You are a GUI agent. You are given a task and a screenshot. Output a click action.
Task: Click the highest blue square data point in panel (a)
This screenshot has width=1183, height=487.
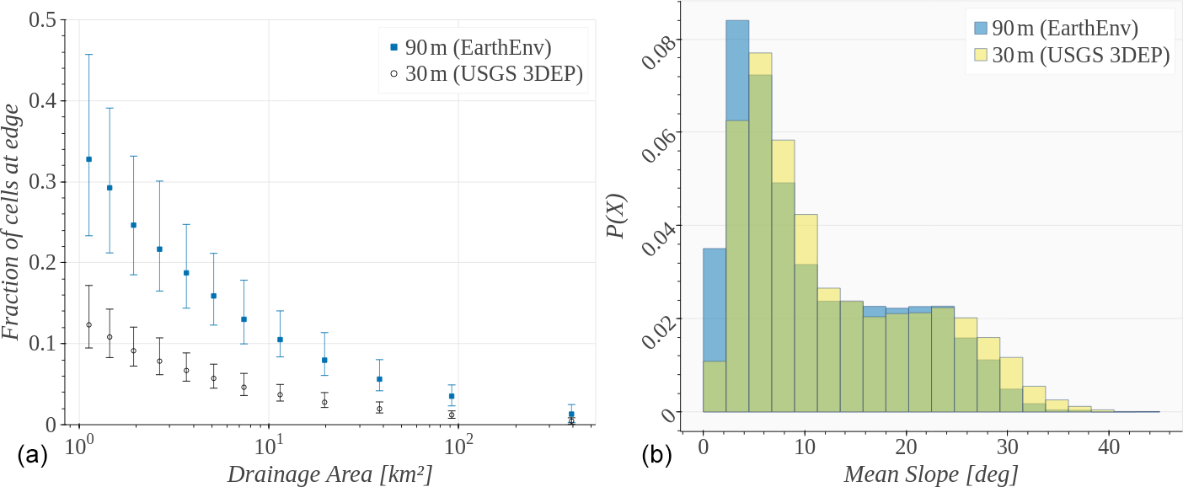[88, 159]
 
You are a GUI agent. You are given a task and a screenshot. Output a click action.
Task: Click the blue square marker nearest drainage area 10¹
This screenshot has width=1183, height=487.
[280, 340]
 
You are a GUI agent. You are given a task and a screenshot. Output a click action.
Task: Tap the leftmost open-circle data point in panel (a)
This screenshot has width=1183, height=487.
[88, 324]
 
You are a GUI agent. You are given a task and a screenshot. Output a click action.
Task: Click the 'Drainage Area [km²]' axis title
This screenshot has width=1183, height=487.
[330, 474]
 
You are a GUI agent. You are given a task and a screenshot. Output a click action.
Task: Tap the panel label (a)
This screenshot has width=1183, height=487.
[32, 457]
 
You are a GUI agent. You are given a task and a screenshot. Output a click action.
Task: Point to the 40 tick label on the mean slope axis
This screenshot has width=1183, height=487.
[1109, 446]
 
